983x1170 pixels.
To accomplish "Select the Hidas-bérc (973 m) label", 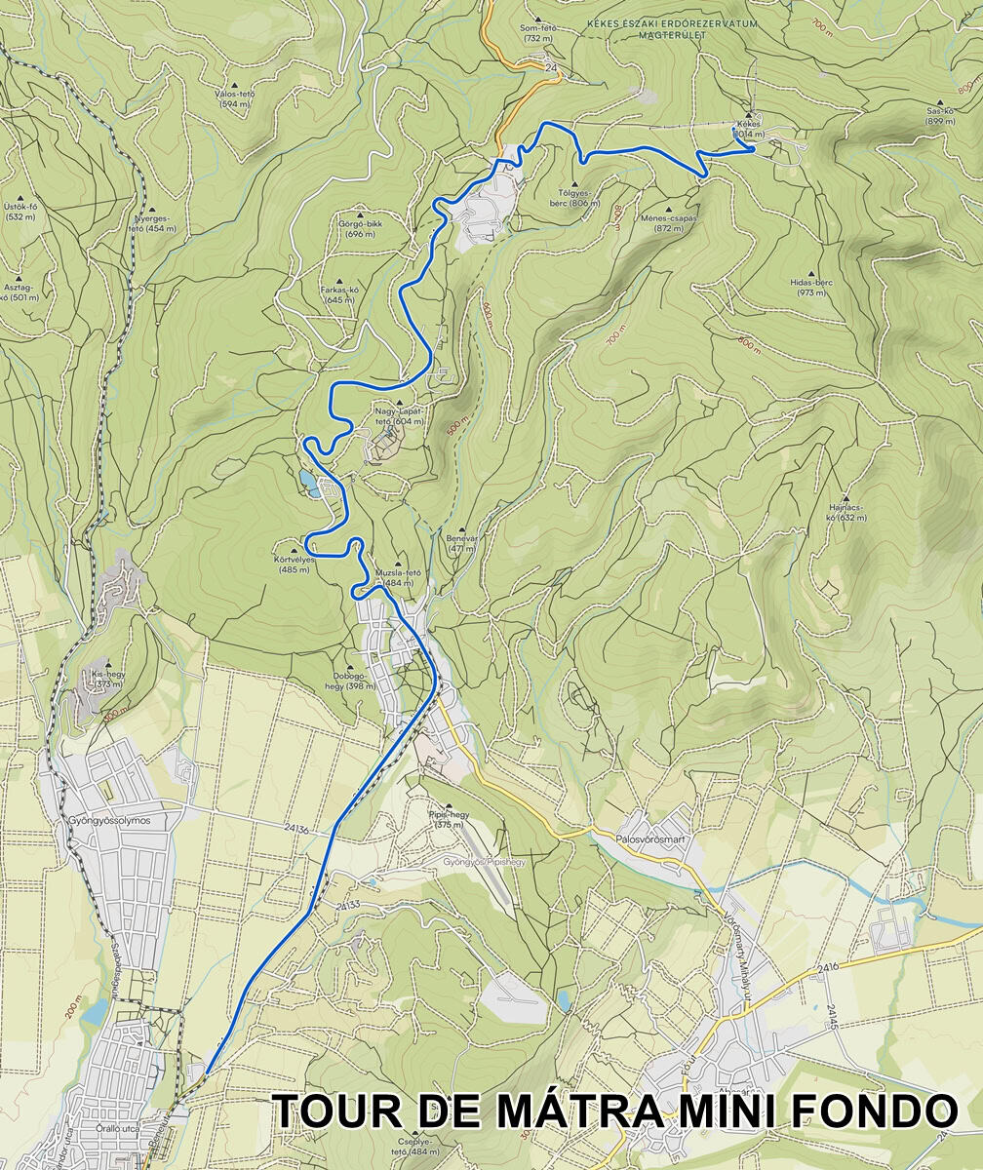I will pos(811,287).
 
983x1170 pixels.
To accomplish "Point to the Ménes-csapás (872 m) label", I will pos(669,223).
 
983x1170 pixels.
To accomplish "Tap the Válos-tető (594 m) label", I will pos(235,98).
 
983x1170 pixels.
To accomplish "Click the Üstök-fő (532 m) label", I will pos(20,212).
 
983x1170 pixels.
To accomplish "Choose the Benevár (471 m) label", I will pos(461,543).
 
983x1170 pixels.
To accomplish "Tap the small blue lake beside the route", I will pos(309,481).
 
